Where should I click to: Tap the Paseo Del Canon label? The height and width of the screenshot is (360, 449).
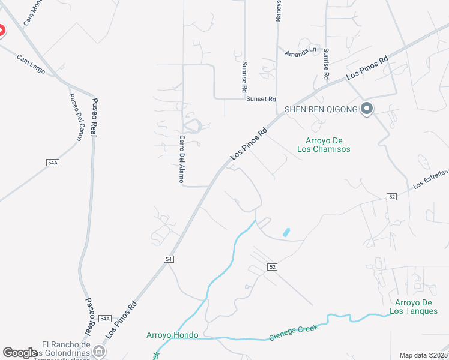[76, 117]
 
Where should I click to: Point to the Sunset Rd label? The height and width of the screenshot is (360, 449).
[261, 99]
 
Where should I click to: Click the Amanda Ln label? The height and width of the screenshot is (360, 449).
[300, 52]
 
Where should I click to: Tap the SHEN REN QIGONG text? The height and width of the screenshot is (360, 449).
[321, 109]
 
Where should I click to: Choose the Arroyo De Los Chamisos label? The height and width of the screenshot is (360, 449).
[324, 145]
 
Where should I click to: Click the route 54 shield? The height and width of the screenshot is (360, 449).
[169, 259]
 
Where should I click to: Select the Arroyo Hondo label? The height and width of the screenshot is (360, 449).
[172, 335]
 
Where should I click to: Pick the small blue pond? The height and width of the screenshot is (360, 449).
[286, 232]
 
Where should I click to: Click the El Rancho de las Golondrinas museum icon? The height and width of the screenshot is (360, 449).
[100, 350]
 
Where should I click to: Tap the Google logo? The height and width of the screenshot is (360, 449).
[20, 353]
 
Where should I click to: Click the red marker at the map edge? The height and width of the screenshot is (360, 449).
[1, 31]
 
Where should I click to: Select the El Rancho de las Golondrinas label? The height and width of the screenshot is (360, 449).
[66, 349]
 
